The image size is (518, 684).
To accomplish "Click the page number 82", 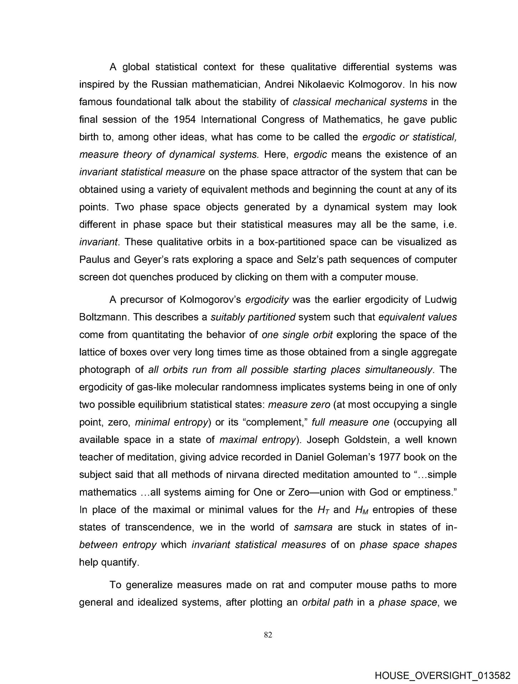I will (268, 634).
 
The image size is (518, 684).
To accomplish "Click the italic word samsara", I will (313, 527).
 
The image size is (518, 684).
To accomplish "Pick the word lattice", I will (91, 352).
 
